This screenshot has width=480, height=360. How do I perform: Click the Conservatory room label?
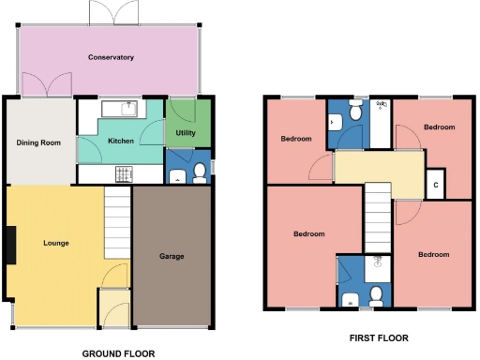tap(111, 58)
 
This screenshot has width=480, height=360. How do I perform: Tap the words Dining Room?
tap(38, 142)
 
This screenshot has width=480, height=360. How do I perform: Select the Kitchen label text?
tap(122, 141)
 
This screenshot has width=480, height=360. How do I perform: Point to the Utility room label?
tap(186, 133)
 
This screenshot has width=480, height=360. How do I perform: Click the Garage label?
tap(171, 256)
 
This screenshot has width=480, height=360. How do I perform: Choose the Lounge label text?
tap(56, 243)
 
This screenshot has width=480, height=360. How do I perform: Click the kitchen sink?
tap(119, 109)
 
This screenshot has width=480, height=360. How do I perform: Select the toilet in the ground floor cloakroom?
tap(199, 172)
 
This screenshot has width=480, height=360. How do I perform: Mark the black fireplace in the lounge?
tap(10, 246)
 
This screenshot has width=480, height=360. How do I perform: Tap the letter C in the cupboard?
tap(436, 185)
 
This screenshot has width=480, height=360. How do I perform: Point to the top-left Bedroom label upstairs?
tap(297, 140)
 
